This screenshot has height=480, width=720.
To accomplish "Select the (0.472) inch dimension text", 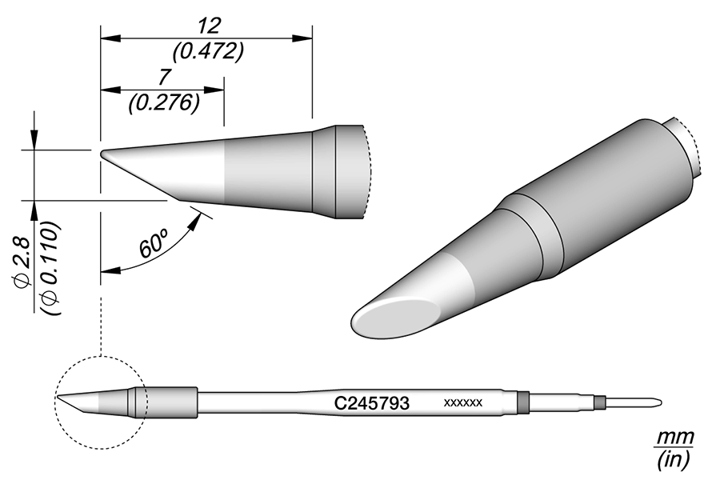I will click(x=206, y=51).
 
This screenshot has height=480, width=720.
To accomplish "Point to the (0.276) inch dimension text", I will click(x=162, y=104).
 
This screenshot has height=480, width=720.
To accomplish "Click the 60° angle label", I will click(x=153, y=243).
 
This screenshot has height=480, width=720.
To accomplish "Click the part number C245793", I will click(x=371, y=403).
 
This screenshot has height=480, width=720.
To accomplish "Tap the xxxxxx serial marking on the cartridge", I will click(x=462, y=403).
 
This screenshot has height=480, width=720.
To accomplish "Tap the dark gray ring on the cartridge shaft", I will click(x=523, y=402).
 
